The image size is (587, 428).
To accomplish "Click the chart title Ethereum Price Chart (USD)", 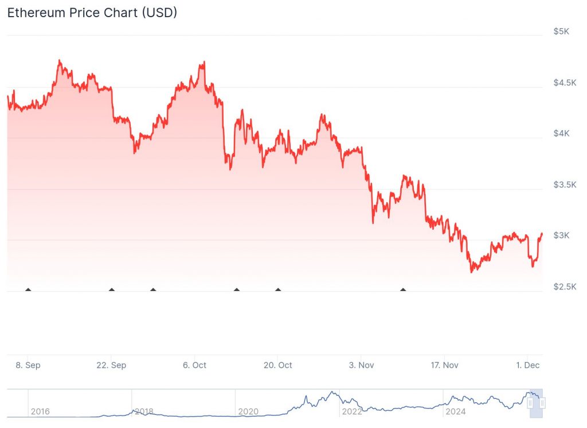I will coord(92,13).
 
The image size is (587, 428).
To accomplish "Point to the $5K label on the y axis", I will coord(561,32).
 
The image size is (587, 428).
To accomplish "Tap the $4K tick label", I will coord(561,133).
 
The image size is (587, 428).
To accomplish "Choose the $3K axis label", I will coord(561,235).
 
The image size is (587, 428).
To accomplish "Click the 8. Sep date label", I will coord(28,365).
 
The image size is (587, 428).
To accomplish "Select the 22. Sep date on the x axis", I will coord(111,365).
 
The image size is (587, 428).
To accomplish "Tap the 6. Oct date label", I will coord(194,365).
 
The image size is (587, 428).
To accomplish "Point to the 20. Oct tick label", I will coord(277,365).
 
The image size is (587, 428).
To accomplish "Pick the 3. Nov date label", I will coord(361,365).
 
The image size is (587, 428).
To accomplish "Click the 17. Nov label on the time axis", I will coord(444,365).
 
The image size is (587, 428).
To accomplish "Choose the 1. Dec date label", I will coord(527,365).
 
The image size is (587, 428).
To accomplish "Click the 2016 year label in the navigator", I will coord(40,411).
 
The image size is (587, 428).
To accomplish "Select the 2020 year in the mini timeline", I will coord(248,411).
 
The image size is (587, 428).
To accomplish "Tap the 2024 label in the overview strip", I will coord(456,411).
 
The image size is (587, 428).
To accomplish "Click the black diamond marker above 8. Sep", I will coord(28,290).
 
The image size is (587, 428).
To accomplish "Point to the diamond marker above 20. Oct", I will coord(278,290).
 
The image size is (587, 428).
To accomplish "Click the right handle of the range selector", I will coord(542,403).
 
